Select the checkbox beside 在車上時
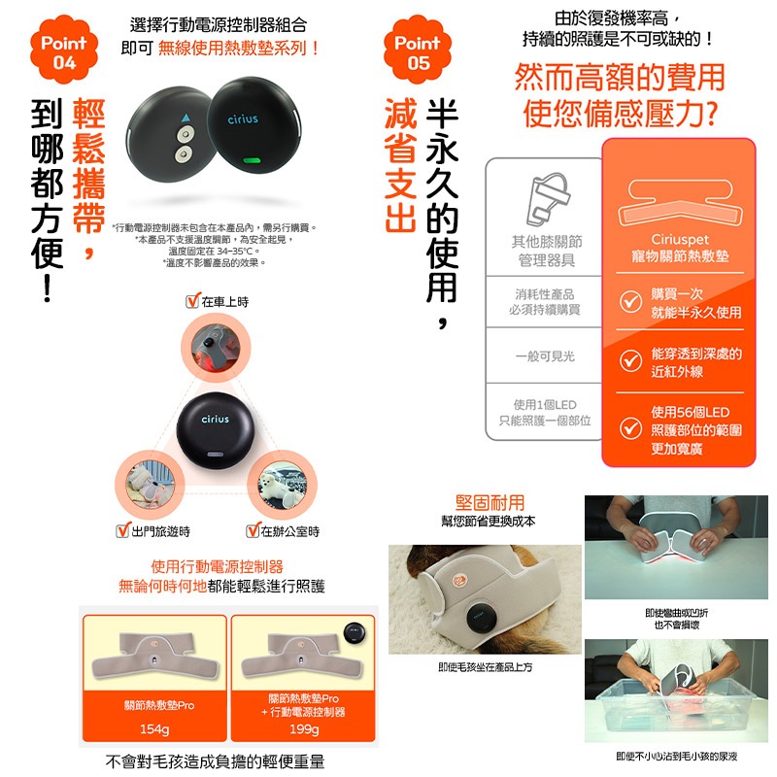pyautogui.click(x=192, y=302)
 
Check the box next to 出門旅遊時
pyautogui.click(x=123, y=531)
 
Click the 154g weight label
pyautogui.click(x=154, y=729)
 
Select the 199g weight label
pyautogui.click(x=304, y=729)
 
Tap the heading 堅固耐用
pyautogui.click(x=490, y=502)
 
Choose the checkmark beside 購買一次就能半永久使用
pyautogui.click(x=630, y=303)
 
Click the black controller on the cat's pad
pyautogui.click(x=480, y=614)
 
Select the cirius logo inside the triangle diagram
pyautogui.click(x=215, y=420)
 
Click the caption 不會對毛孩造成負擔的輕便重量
pyautogui.click(x=215, y=761)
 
